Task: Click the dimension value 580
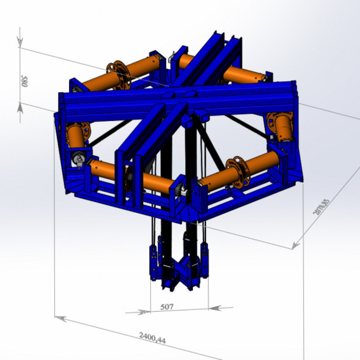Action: (24, 81)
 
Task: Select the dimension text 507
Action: (167, 307)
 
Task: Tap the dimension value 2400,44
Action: (152, 338)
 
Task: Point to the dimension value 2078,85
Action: (321, 207)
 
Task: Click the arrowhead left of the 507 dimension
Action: (144, 312)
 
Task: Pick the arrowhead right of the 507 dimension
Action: (215, 308)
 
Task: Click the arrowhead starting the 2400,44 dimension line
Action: (61, 318)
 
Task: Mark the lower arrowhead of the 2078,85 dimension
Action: (296, 246)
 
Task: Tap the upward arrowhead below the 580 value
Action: (20, 108)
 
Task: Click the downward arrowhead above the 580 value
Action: (20, 42)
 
